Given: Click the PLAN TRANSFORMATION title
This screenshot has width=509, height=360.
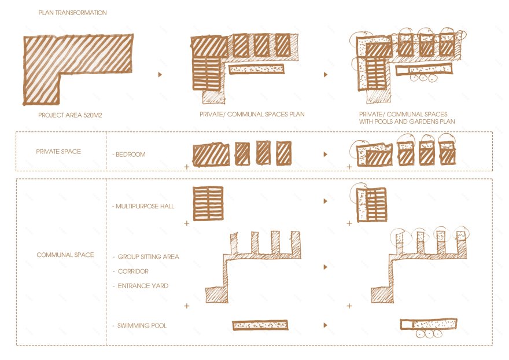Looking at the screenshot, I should point(72,13).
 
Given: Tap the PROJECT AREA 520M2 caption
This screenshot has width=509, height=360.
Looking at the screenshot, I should point(70,115).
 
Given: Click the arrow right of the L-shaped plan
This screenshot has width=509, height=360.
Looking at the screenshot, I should point(160,75).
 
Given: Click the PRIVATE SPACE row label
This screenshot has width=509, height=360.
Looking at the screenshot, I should point(58,152).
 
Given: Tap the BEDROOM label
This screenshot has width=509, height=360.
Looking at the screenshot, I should point(129,155).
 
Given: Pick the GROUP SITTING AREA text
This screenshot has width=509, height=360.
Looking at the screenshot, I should point(148,256).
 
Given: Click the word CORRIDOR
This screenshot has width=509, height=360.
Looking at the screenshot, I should point(133,271).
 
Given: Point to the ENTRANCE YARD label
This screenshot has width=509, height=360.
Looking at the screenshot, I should point(143,286).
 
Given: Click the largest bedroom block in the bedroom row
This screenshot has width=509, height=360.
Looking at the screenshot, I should point(211,155).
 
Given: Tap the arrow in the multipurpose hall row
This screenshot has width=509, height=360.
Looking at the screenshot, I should point(326,201).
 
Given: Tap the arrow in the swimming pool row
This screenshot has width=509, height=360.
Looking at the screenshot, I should point(326,325).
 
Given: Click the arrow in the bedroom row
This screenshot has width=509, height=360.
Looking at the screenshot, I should point(326,155).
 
